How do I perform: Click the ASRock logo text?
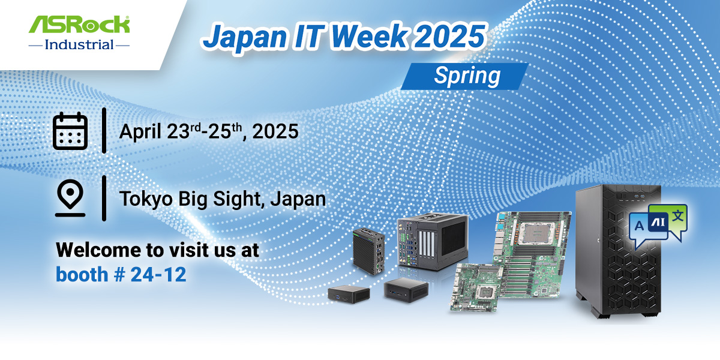(x=80, y=25)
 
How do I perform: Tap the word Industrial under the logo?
(x=80, y=44)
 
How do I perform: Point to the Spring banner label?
(x=467, y=76)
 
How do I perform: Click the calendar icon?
(x=71, y=130)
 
